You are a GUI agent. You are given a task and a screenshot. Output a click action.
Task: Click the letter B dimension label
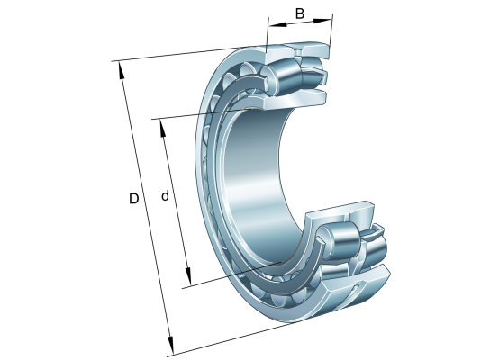[300, 13]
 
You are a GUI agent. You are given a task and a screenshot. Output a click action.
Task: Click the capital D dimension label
[134, 199]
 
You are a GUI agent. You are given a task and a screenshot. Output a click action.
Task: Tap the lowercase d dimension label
[165, 195]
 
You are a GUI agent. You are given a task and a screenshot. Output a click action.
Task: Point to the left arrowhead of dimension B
[277, 24]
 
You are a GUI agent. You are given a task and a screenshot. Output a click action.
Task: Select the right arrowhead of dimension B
[322, 21]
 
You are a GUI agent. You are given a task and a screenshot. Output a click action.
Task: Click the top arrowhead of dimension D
[122, 70]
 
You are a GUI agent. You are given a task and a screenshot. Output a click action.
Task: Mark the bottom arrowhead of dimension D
[171, 345]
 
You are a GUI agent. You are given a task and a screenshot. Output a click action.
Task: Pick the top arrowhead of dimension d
[163, 128]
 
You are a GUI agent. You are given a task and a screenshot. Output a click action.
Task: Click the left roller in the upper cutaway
[280, 77]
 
